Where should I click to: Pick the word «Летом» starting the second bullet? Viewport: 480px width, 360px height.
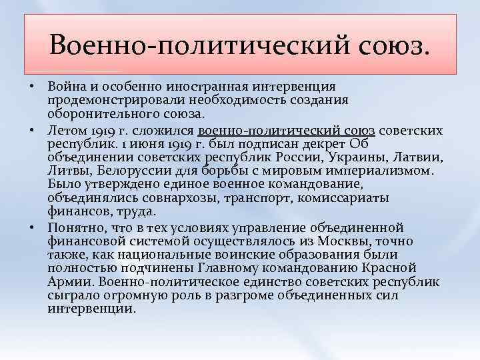click(67, 131)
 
